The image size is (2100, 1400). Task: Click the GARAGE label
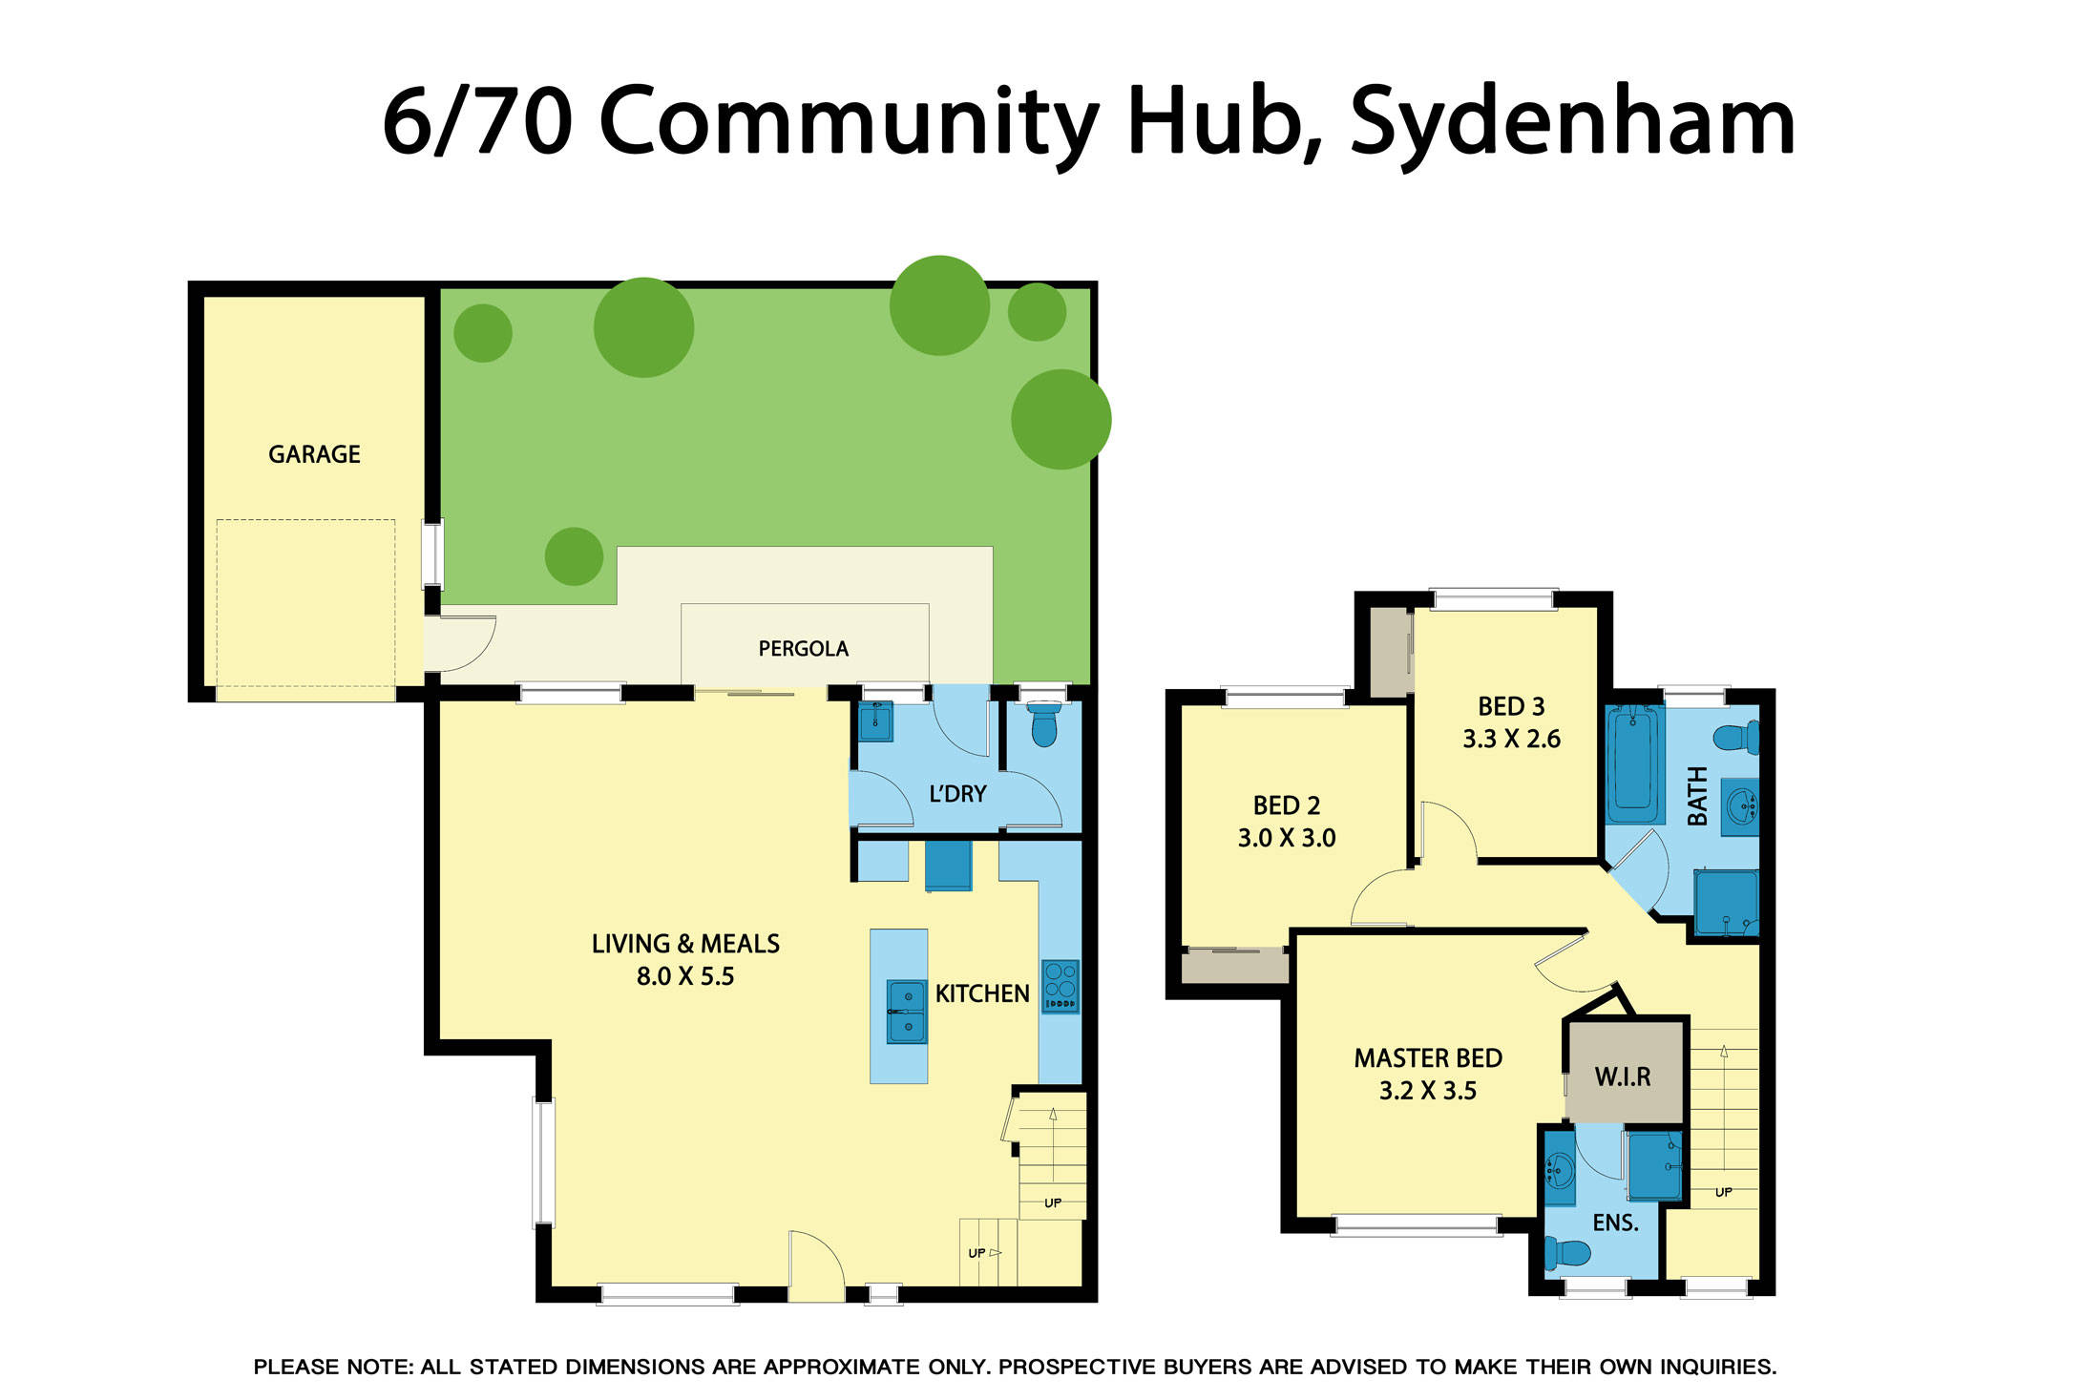[x=314, y=454]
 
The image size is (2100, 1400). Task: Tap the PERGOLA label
[x=803, y=649]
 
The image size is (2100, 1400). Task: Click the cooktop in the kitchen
[x=1060, y=986]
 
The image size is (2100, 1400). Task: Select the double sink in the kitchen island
[x=906, y=1012]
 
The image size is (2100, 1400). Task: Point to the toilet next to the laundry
[x=1044, y=724]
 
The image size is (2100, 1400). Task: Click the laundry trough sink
[x=875, y=721]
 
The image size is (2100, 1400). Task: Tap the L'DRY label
[x=957, y=794]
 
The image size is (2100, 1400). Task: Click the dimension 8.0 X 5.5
[x=685, y=976]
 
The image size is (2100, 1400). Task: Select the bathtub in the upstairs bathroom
[x=1633, y=763]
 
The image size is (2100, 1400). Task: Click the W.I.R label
[x=1622, y=1077]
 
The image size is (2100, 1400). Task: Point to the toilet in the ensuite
[x=1566, y=1251]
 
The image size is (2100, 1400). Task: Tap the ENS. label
[x=1615, y=1222]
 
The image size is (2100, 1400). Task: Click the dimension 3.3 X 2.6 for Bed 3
[x=1511, y=739]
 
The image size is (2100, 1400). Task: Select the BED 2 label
[x=1286, y=805]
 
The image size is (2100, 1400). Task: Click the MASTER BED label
[x=1428, y=1058]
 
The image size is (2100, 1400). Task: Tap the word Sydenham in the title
[x=1572, y=122]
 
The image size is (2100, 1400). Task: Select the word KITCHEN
[x=981, y=994]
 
